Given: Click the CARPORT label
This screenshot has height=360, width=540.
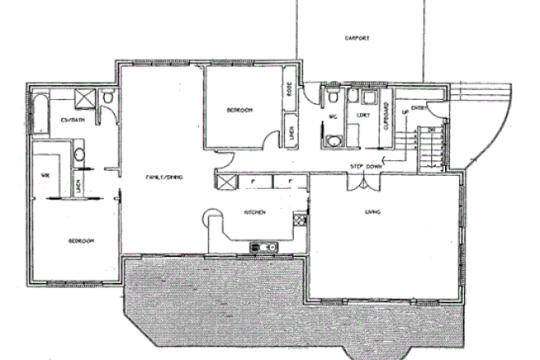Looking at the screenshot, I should click(x=358, y=38).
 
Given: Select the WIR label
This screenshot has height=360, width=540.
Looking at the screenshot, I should click(x=47, y=173).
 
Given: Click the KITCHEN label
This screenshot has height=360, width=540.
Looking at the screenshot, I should click(x=254, y=212).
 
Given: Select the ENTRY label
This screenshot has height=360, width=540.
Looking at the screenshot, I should click(x=420, y=107).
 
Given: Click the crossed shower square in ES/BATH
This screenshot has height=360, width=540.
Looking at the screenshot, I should click(x=83, y=98).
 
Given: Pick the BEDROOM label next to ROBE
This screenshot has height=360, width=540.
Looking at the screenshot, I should click(x=239, y=110).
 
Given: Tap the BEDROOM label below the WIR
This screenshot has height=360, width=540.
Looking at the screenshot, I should click(x=80, y=241).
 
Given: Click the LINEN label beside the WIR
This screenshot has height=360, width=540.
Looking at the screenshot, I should click(x=78, y=187).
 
